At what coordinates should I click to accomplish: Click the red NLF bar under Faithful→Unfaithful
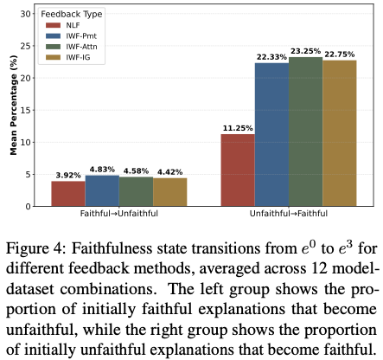tap(68, 194)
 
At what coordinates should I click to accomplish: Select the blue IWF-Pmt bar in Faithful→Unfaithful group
tap(102, 190)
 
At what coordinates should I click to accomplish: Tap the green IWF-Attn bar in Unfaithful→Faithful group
tap(305, 132)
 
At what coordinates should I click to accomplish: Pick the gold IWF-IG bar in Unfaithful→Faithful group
tap(340, 133)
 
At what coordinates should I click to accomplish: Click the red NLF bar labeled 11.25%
tap(238, 170)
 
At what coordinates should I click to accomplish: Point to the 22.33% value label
tap(271, 57)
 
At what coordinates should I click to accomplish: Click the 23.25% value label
tap(305, 51)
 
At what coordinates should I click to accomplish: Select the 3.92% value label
tap(68, 175)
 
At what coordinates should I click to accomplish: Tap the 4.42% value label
tap(169, 172)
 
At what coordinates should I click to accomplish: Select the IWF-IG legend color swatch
tap(53, 57)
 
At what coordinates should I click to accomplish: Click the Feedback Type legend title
tap(72, 14)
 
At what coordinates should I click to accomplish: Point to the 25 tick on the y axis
tap(26, 46)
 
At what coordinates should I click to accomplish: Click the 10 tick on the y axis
tap(26, 142)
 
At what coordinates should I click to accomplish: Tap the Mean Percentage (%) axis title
tap(14, 105)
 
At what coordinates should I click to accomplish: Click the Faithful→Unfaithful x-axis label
tap(119, 214)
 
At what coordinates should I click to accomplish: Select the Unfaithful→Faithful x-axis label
tap(289, 214)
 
